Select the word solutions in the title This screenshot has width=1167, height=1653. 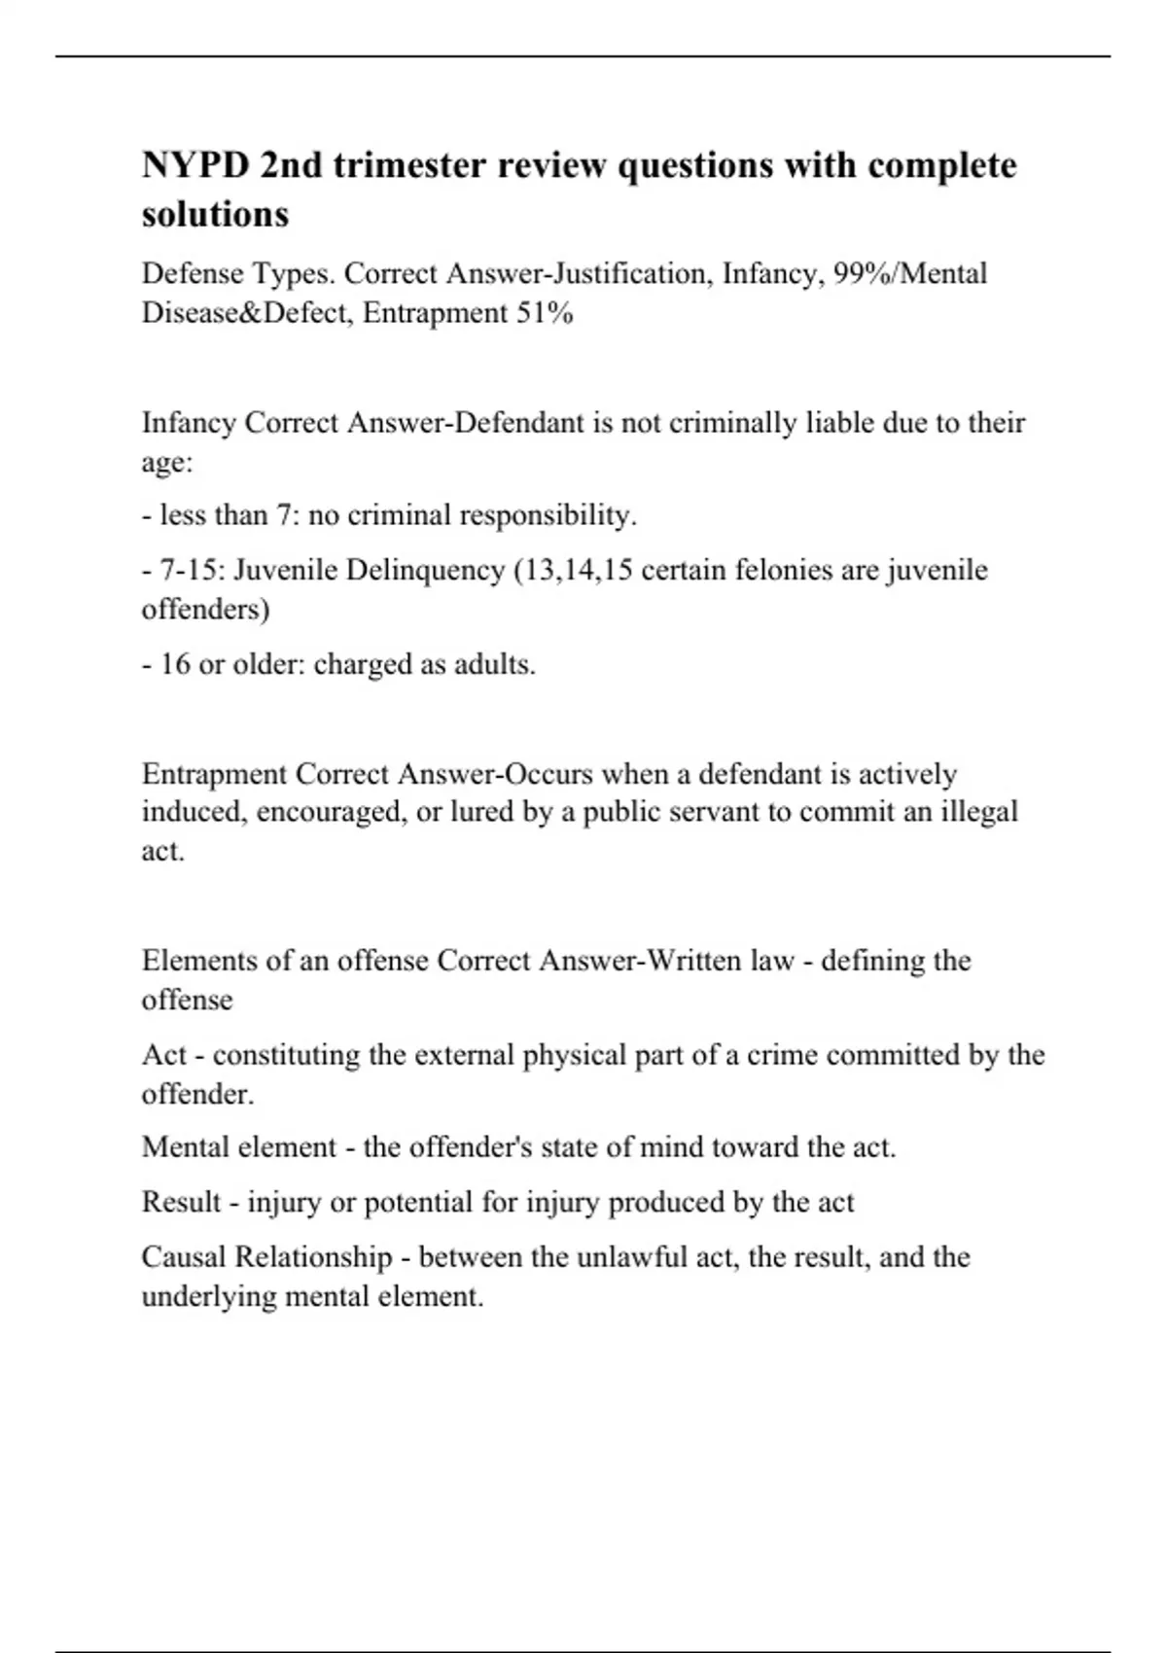pyautogui.click(x=215, y=214)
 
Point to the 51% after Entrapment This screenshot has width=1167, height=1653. pyautogui.click(x=545, y=313)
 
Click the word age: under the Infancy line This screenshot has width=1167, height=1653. pyautogui.click(x=167, y=463)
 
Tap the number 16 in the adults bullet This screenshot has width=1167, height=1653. pyautogui.click(x=175, y=664)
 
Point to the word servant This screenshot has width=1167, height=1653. pyautogui.click(x=715, y=812)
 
